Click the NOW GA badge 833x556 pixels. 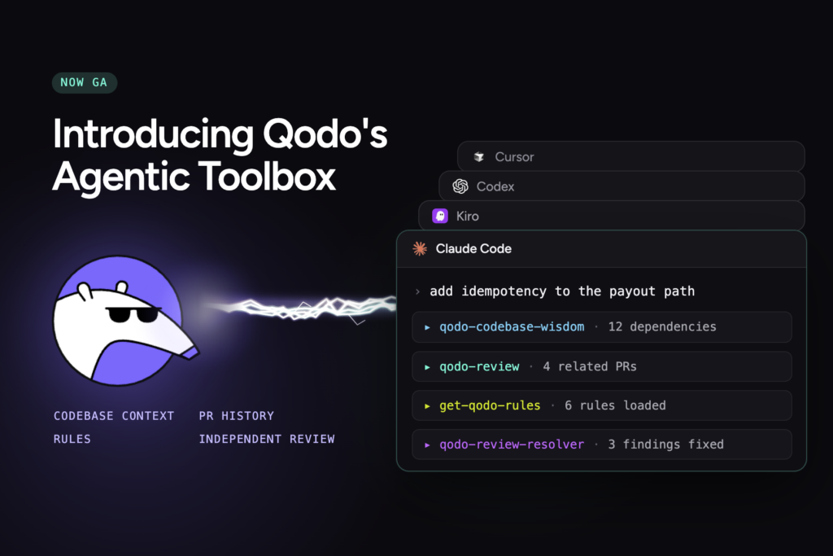tap(85, 82)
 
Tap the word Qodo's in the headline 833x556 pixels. tap(325, 134)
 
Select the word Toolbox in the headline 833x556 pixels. tap(267, 176)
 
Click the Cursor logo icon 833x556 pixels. tap(478, 157)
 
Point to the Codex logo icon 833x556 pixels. tap(460, 186)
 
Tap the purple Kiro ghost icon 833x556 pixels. tap(440, 216)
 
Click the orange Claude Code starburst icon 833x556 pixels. tap(420, 249)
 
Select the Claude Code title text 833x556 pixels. tap(473, 249)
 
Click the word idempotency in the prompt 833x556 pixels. tap(504, 291)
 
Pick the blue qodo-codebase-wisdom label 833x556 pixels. tap(512, 326)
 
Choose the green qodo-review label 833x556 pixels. tap(479, 366)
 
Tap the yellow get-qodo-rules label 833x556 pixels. tap(490, 405)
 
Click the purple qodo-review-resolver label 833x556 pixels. tap(512, 444)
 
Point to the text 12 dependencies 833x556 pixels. tap(662, 326)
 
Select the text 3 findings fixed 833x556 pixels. tap(665, 444)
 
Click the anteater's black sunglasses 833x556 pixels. tap(133, 314)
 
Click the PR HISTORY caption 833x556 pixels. tap(237, 416)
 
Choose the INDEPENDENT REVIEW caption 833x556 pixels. tap(267, 439)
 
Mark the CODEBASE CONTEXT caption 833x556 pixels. tap(114, 416)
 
